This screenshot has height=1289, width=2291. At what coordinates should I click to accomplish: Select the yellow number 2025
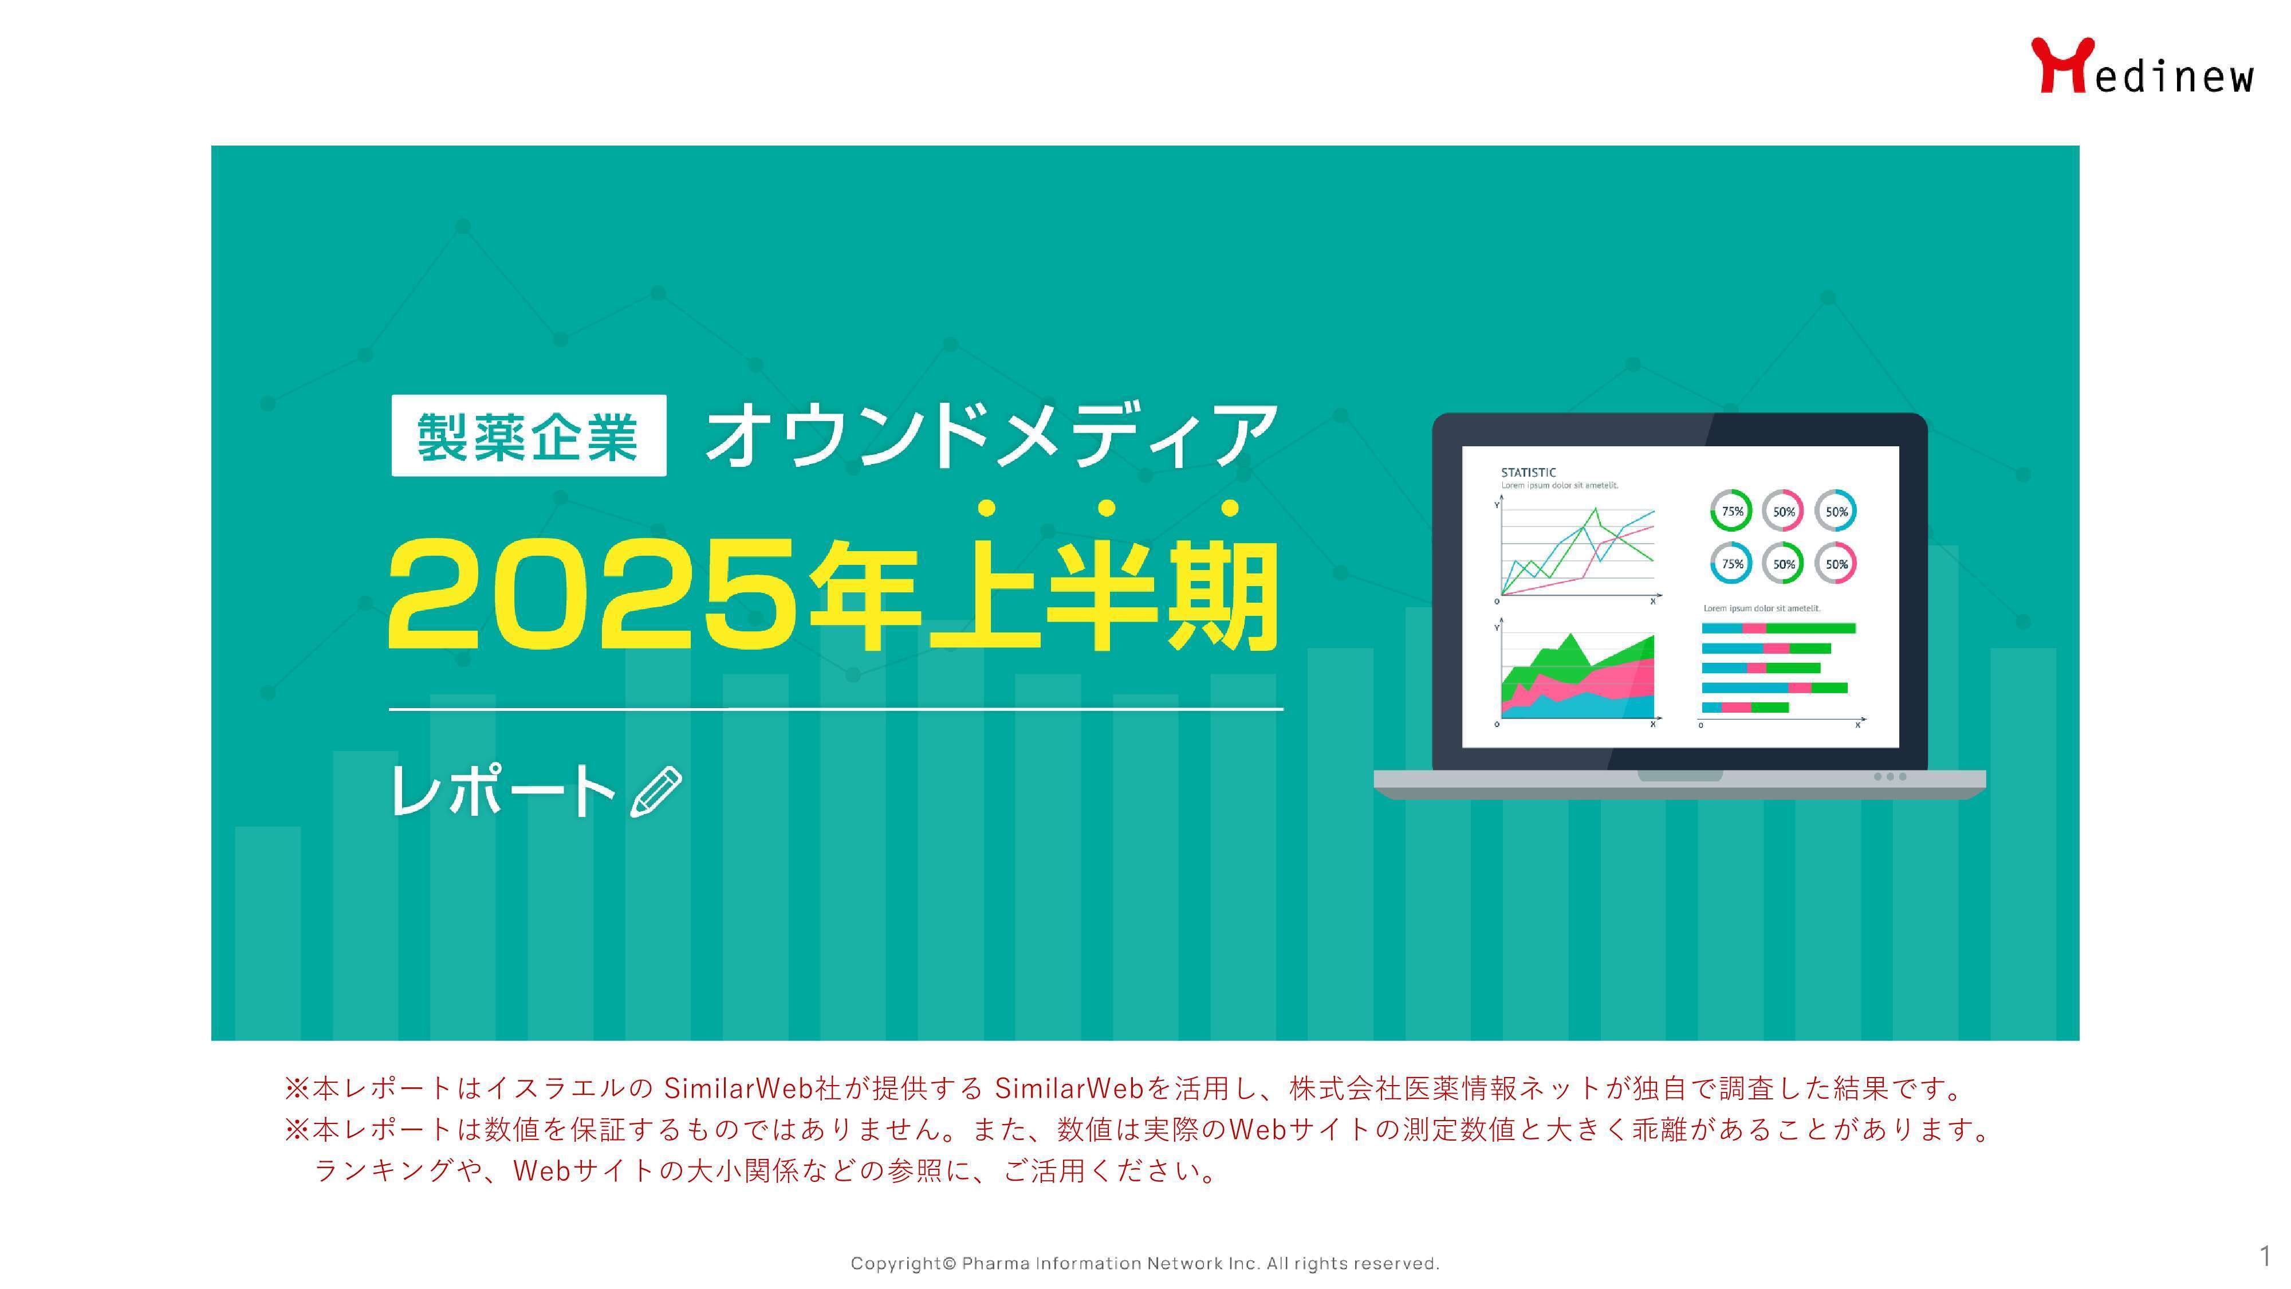592,596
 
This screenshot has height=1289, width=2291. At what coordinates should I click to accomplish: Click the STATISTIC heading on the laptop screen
1528,473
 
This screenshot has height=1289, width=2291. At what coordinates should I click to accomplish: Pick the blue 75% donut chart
1731,563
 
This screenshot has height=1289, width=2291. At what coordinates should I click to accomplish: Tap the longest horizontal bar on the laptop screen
1778,628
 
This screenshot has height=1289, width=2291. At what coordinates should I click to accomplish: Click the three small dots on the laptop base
1890,777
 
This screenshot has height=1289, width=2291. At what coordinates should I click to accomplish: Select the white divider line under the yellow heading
836,709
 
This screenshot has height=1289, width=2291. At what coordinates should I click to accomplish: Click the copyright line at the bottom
1144,1263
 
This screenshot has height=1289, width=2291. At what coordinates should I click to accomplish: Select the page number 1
2264,1256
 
